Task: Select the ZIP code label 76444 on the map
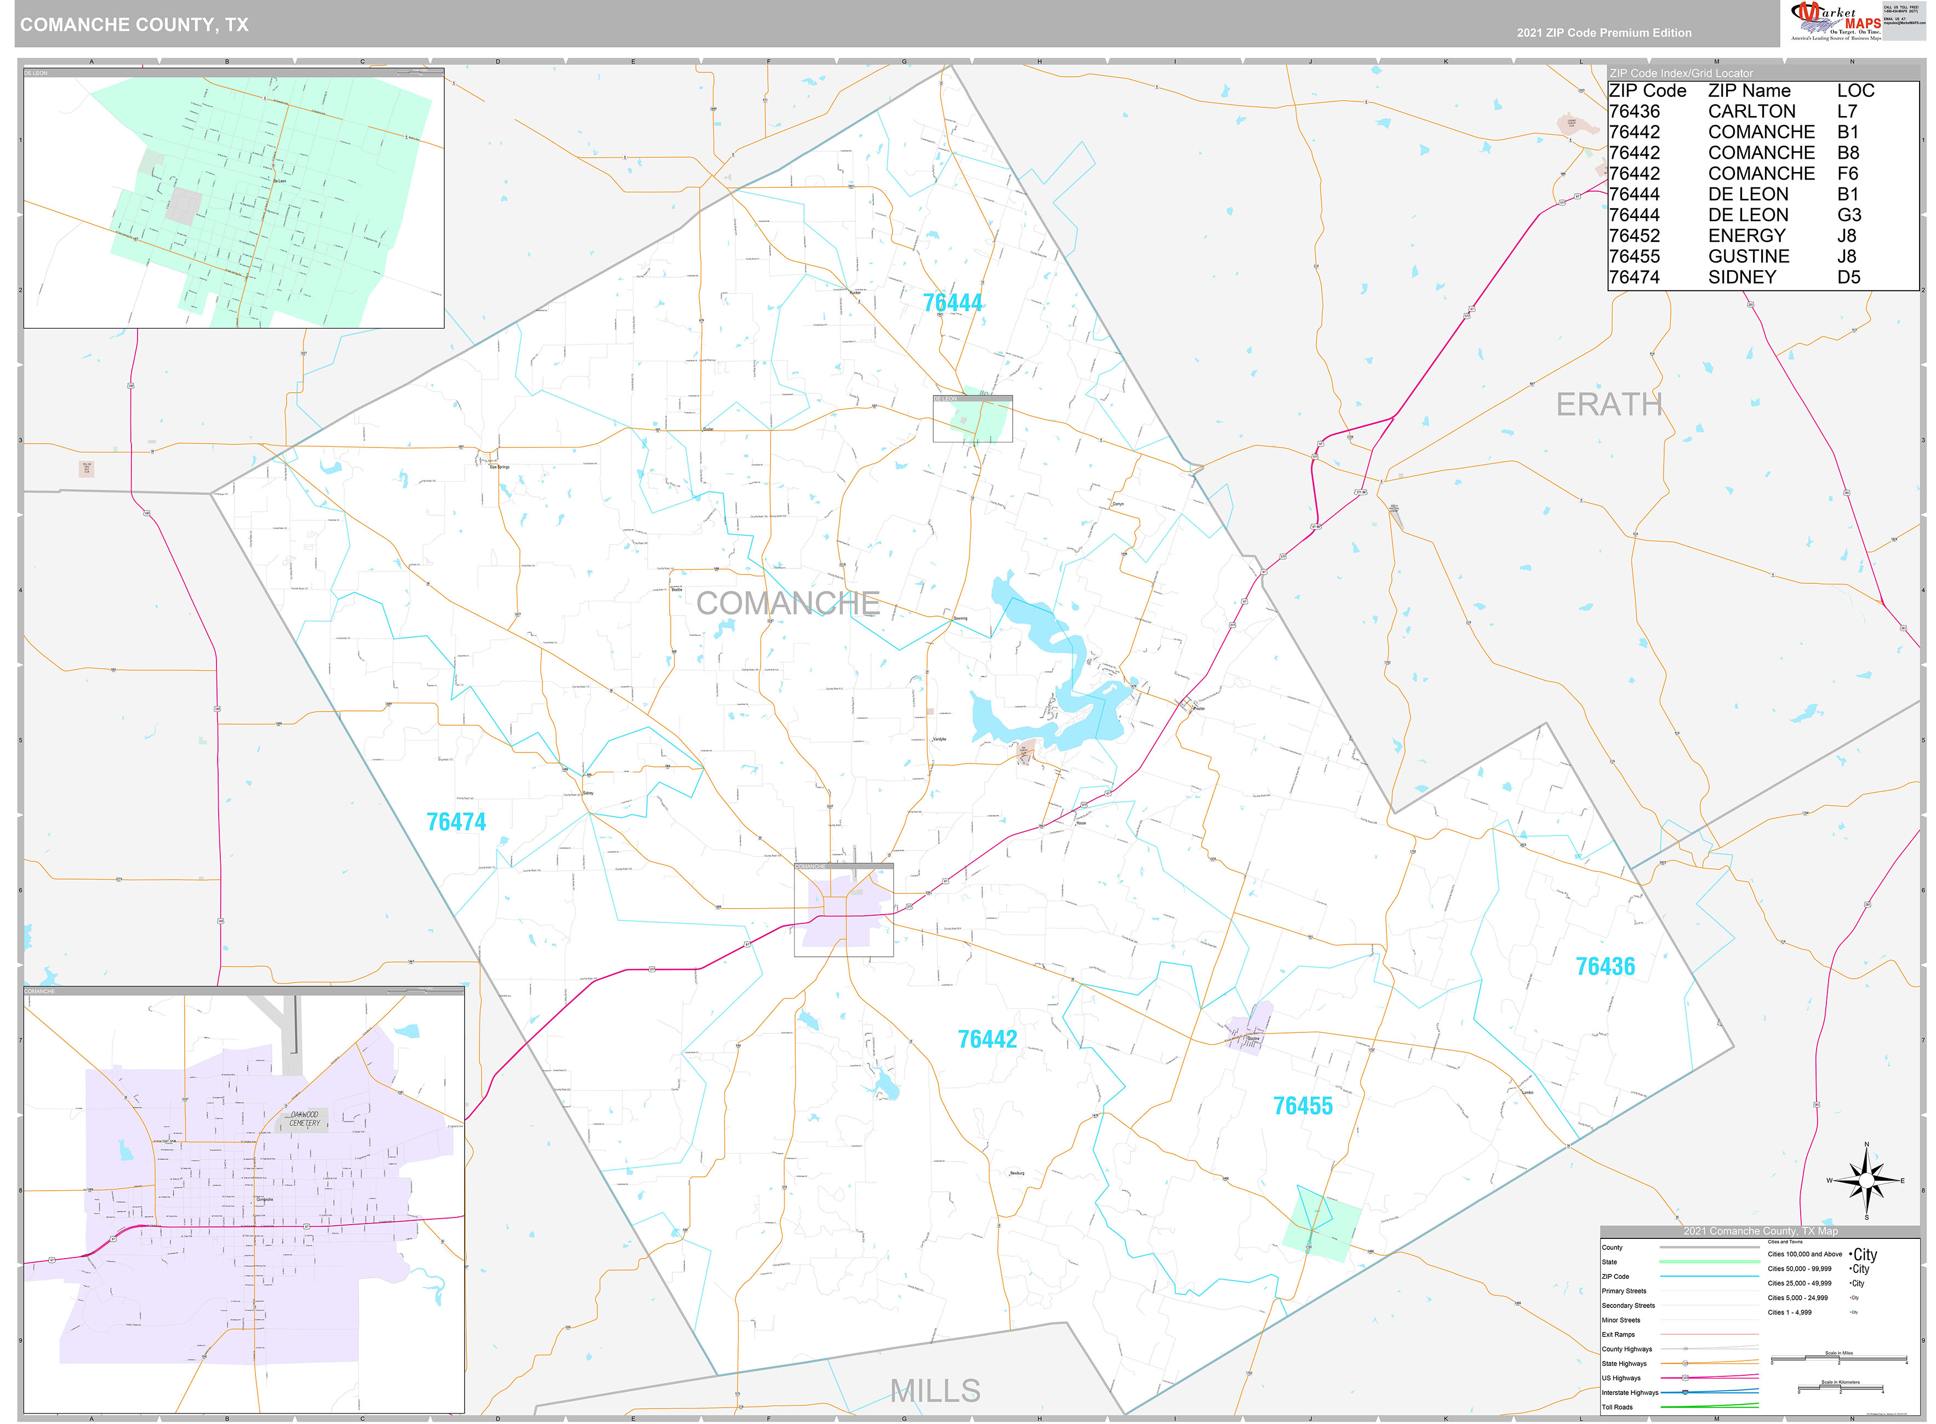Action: [x=952, y=303]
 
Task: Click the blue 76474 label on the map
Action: [x=455, y=822]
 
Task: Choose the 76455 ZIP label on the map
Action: [x=1302, y=1106]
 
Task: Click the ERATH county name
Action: [x=1608, y=404]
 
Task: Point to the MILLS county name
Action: [x=935, y=1391]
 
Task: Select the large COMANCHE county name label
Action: [x=787, y=604]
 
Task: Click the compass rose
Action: [x=1865, y=1181]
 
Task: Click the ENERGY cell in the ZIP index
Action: [x=1746, y=236]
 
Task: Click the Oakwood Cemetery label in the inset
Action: [x=305, y=1119]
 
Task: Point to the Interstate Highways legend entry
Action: [x=1630, y=1392]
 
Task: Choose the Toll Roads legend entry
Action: [x=1617, y=1407]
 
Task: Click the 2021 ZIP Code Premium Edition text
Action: [x=1604, y=33]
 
